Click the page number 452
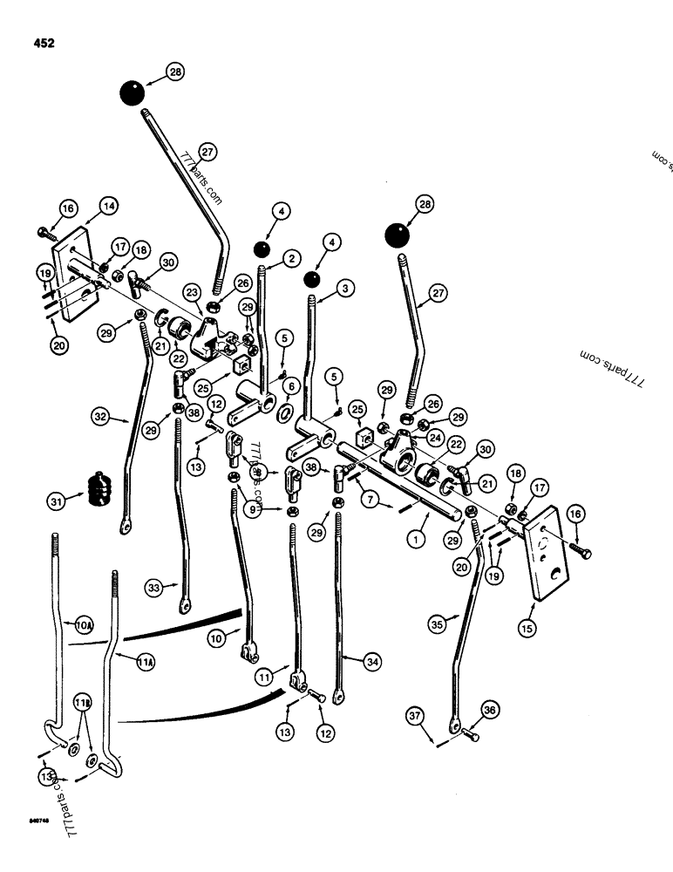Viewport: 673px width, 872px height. click(42, 42)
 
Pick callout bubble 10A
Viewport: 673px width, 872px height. click(84, 626)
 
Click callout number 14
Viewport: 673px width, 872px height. click(107, 207)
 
